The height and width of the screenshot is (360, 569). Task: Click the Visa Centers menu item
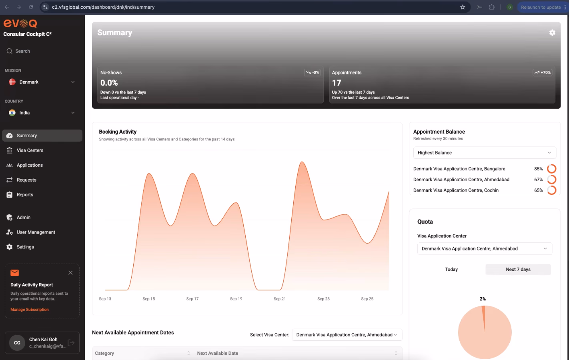[x=30, y=150]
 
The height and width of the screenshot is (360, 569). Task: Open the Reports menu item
[x=25, y=194]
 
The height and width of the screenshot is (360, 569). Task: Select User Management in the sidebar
[x=36, y=232]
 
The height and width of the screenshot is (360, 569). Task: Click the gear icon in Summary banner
[x=552, y=32]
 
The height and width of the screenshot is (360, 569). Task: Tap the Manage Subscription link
[x=30, y=310]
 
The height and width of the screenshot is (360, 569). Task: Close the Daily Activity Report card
[x=70, y=273]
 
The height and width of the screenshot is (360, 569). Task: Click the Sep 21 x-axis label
[x=280, y=299]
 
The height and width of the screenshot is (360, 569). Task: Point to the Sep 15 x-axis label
[x=148, y=299]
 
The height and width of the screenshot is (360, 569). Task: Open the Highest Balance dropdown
[x=485, y=152]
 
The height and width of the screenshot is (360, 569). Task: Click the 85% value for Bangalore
[x=538, y=169]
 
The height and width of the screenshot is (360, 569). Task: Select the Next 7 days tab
[x=518, y=269]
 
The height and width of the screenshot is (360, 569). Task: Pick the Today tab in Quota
[x=451, y=269]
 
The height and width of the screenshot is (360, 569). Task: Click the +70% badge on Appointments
[x=542, y=72]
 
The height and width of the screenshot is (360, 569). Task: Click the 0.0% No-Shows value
[x=109, y=83]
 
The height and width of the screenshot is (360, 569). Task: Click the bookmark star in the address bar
[x=463, y=7]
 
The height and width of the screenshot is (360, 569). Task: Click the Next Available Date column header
[x=217, y=353]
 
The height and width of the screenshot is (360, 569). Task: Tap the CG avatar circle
[x=17, y=343]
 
